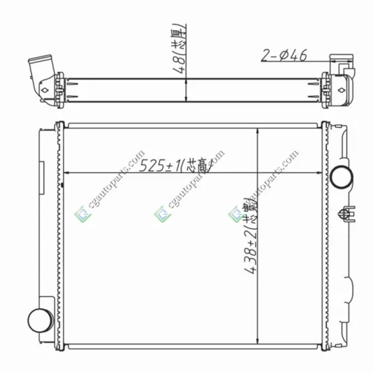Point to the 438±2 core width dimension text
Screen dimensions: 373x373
(251, 239)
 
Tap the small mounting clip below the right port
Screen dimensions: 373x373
(351, 212)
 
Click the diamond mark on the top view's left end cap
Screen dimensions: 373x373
(45, 88)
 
